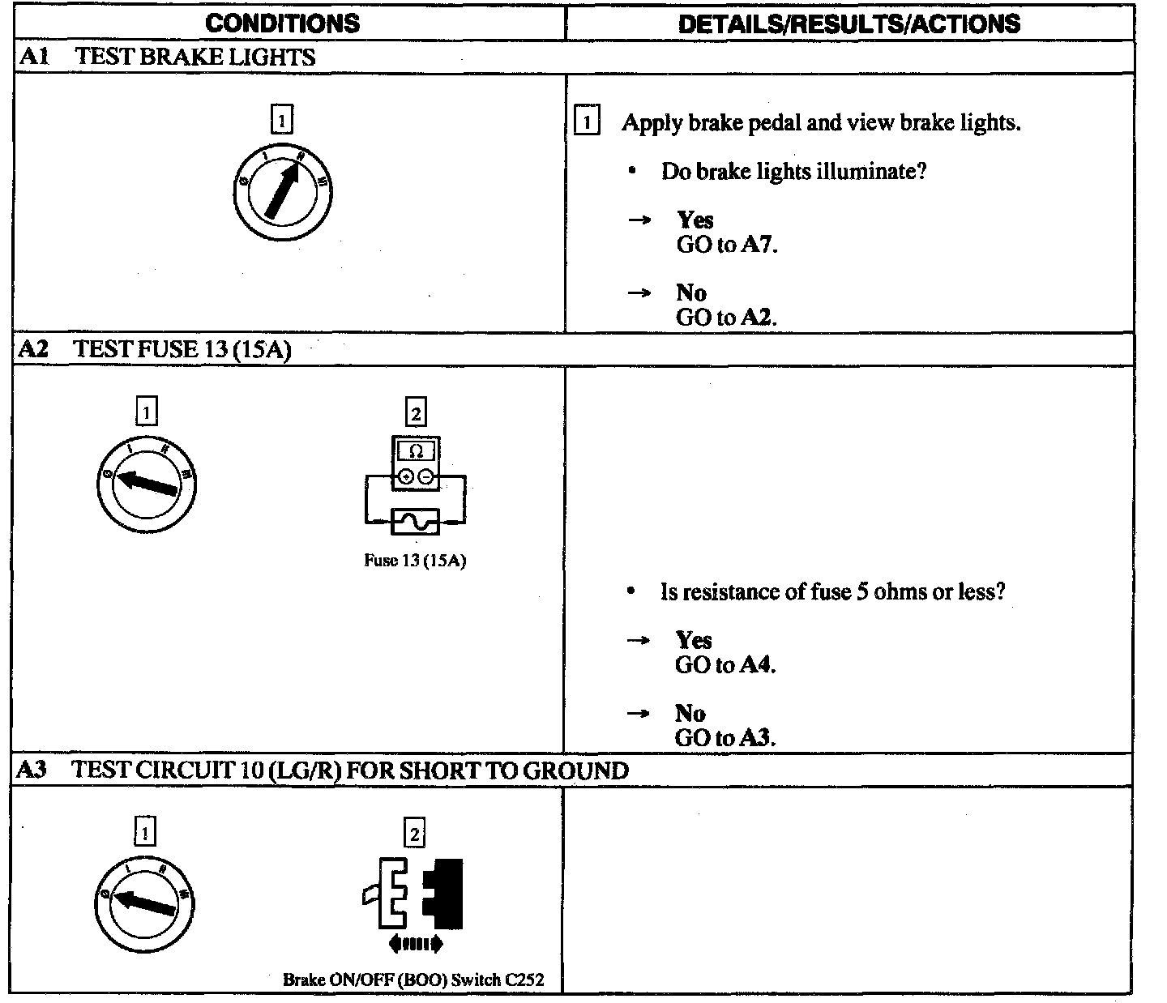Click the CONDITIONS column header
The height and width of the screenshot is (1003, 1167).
tap(282, 23)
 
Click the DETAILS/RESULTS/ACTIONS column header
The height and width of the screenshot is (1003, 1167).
tap(849, 23)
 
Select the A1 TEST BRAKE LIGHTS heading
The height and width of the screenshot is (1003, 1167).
tap(167, 57)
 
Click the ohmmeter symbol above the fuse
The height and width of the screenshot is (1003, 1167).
tap(416, 463)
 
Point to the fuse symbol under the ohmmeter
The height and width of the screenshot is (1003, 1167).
tap(415, 522)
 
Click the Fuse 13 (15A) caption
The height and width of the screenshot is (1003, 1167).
tap(415, 561)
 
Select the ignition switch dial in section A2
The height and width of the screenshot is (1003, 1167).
tap(147, 484)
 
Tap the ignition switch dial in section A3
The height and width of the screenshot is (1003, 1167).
tap(144, 903)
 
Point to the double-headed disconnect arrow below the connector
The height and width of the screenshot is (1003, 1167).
tap(415, 943)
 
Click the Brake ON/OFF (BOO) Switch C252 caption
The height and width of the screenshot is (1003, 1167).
tap(413, 980)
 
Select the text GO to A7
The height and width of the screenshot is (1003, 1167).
tap(726, 245)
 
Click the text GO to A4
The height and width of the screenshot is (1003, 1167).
tap(725, 665)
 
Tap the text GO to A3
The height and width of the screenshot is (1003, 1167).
tap(725, 738)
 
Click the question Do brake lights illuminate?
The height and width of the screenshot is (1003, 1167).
tap(793, 172)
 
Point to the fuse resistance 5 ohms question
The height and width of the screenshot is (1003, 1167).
tap(832, 592)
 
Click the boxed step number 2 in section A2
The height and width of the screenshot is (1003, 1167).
tap(416, 413)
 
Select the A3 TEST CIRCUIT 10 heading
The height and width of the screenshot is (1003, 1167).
tap(323, 770)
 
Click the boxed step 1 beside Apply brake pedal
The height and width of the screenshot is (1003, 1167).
tap(587, 123)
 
